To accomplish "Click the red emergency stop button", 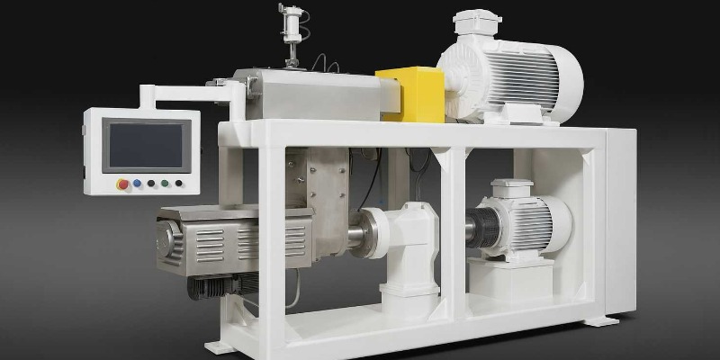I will pyautogui.click(x=122, y=184).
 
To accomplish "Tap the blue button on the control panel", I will pyautogui.click(x=137, y=183).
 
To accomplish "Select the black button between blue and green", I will pyautogui.click(x=151, y=183).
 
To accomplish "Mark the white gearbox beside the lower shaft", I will pyautogui.click(x=405, y=243).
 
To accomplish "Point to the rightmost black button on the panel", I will pyautogui.click(x=179, y=184).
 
